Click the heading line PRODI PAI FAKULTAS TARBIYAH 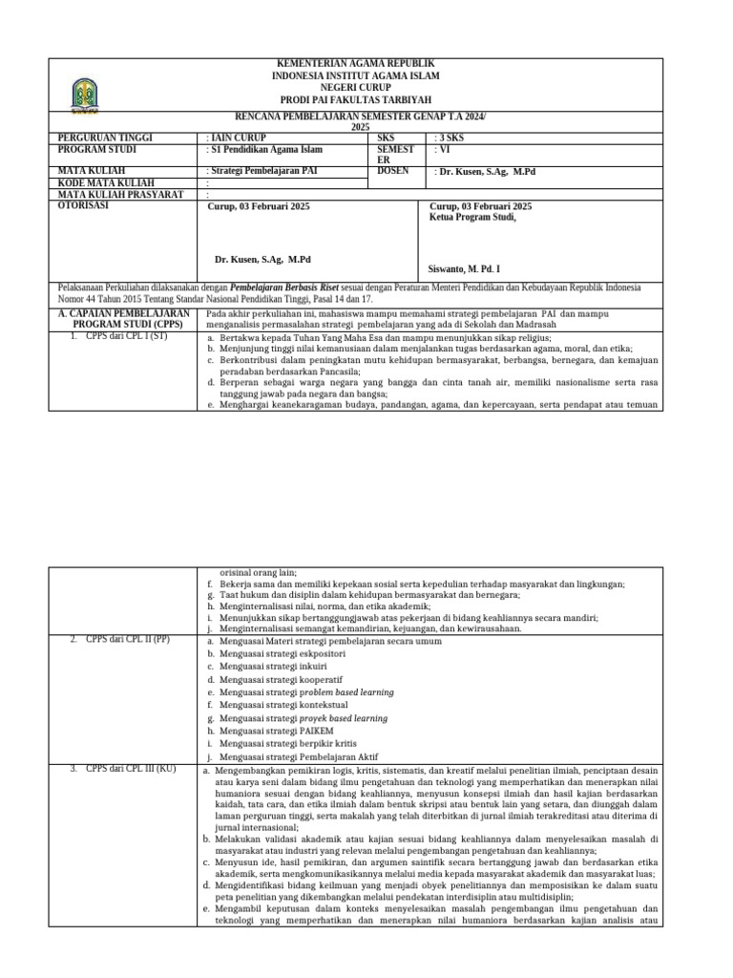[x=355, y=99]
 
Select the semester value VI [x=441, y=149]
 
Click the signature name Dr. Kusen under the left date [x=262, y=260]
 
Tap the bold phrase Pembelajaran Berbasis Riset [x=289, y=287]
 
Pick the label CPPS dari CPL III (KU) [x=124, y=769]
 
